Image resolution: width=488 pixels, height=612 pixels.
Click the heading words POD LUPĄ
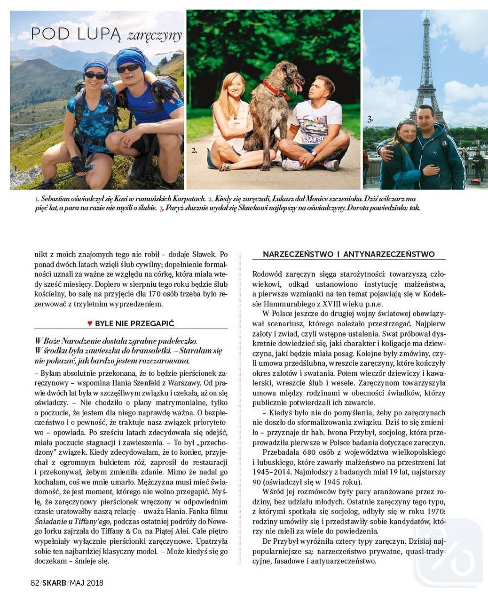pos(76,34)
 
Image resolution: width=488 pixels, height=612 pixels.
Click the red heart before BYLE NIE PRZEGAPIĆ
pos(89,323)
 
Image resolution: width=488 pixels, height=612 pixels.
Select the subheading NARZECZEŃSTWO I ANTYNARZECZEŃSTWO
pos(348,254)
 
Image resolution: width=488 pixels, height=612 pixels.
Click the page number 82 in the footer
pos(34,582)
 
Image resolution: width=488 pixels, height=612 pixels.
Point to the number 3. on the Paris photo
pos(370,120)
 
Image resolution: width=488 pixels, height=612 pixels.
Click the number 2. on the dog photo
pos(194,151)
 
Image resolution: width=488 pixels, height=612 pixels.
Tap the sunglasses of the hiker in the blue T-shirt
pos(129,68)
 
